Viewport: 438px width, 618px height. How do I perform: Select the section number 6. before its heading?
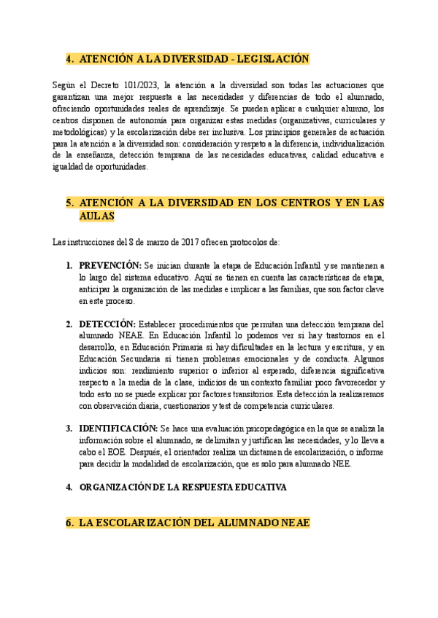point(70,523)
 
